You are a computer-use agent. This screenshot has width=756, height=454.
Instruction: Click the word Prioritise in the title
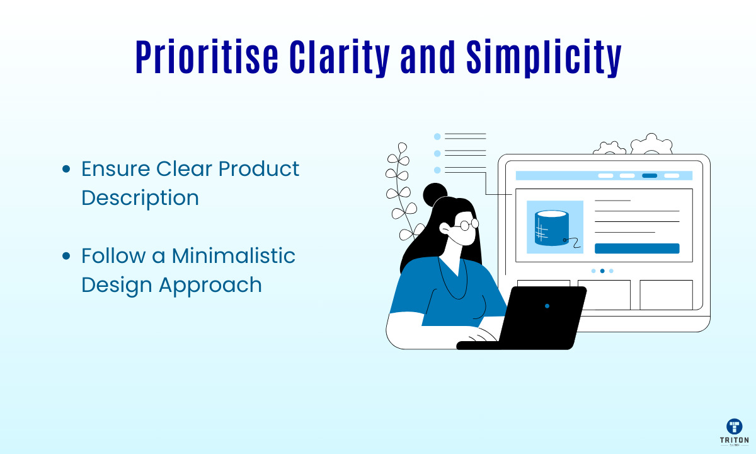[x=207, y=57]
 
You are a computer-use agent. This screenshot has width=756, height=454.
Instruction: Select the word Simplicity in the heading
[x=544, y=59]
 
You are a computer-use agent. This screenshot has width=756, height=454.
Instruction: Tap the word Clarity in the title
[x=340, y=59]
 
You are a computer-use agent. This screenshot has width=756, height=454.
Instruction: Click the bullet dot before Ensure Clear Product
[x=66, y=169]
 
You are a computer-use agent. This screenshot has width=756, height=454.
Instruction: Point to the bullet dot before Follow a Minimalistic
[x=66, y=256]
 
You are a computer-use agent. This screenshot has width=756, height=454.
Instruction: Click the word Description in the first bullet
[x=140, y=199]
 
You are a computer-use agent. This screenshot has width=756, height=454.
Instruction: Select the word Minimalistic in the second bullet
[x=234, y=255]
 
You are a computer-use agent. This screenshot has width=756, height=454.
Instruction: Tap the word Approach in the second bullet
[x=210, y=286]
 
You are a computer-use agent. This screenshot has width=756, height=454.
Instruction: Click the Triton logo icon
[x=735, y=426]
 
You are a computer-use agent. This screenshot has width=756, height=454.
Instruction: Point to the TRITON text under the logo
[x=735, y=440]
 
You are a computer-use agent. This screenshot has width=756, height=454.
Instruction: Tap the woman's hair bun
[x=435, y=194]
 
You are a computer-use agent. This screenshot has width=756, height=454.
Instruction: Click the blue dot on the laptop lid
[x=547, y=306]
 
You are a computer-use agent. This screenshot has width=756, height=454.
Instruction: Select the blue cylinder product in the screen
[x=552, y=228]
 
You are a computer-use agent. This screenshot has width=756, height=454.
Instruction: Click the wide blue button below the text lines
[x=637, y=248]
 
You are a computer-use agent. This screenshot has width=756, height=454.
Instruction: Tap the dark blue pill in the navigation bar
[x=650, y=176]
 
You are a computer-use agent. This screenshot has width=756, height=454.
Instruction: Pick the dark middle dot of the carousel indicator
[x=602, y=271]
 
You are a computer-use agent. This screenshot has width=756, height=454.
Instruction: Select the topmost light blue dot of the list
[x=437, y=136]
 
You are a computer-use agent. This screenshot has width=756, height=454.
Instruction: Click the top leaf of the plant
[x=403, y=148]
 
